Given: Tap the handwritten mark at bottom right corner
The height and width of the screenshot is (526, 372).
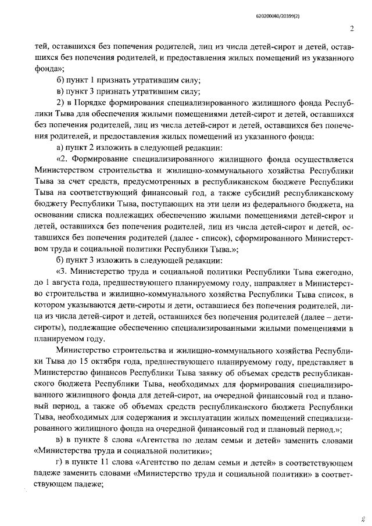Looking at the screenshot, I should coord(362,516).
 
